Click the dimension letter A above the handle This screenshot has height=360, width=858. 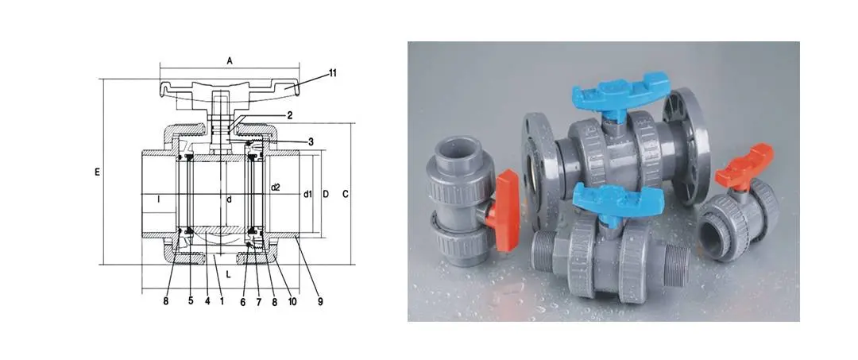click(x=230, y=61)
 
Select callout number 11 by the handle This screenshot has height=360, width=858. click(x=332, y=73)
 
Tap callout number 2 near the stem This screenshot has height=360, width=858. click(x=290, y=115)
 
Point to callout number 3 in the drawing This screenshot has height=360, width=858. click(x=311, y=141)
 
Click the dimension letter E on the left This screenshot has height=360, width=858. click(x=98, y=172)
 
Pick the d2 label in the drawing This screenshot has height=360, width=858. click(x=275, y=187)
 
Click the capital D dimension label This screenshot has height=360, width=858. click(x=325, y=194)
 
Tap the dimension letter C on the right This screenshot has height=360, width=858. click(x=346, y=194)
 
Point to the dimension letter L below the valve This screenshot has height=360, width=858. click(x=228, y=275)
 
